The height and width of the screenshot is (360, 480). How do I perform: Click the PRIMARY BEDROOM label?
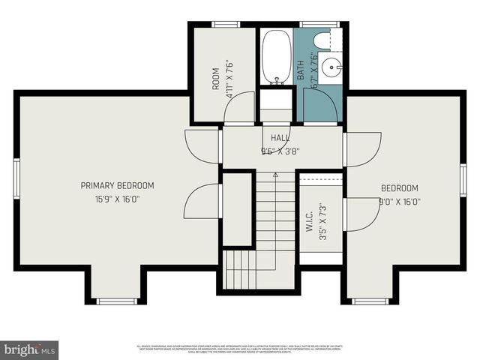pyautogui.click(x=117, y=186)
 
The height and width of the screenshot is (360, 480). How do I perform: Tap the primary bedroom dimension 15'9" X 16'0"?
pyautogui.click(x=117, y=199)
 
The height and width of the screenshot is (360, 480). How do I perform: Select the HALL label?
pyautogui.click(x=280, y=138)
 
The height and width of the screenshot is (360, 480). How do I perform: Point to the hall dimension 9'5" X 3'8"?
pyautogui.click(x=280, y=151)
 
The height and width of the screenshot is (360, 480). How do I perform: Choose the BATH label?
pyautogui.click(x=301, y=70)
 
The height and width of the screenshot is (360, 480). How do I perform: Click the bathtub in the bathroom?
pyautogui.click(x=276, y=56)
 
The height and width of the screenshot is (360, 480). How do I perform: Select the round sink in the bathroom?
pyautogui.click(x=331, y=68)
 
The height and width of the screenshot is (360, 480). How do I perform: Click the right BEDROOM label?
pyautogui.click(x=400, y=188)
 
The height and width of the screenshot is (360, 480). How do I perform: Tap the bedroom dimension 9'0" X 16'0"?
pyautogui.click(x=400, y=201)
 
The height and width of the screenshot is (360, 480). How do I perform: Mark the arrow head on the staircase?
pyautogui.click(x=275, y=175)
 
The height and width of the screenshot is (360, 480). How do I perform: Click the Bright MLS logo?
pyautogui.click(x=30, y=350)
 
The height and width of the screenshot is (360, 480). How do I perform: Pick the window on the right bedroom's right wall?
pyautogui.click(x=463, y=180)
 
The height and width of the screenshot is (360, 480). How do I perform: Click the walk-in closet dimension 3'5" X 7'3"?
pyautogui.click(x=322, y=221)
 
